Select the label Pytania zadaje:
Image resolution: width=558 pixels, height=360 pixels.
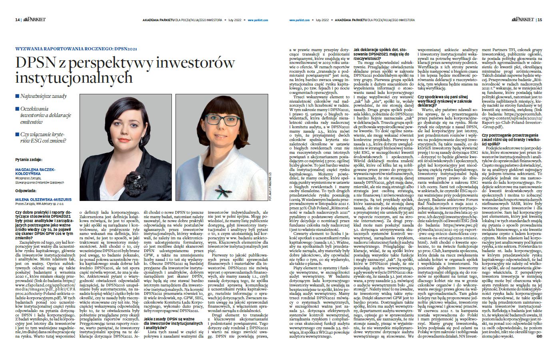(28, 160)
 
